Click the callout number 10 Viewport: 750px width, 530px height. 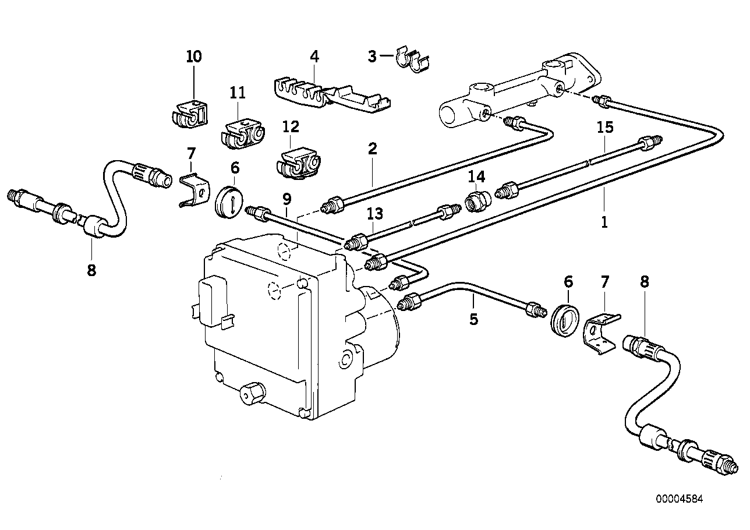click(x=194, y=56)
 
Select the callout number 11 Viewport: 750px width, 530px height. click(x=238, y=92)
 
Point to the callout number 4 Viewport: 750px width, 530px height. click(x=314, y=56)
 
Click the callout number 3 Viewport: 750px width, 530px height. click(x=372, y=56)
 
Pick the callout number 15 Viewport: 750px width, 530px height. click(x=605, y=128)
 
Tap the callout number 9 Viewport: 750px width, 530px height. click(x=286, y=199)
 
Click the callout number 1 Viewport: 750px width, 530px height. click(x=604, y=221)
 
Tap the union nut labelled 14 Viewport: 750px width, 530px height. click(x=477, y=200)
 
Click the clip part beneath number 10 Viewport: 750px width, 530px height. click(x=190, y=114)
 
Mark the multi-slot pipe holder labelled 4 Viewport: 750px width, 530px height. click(x=329, y=93)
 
